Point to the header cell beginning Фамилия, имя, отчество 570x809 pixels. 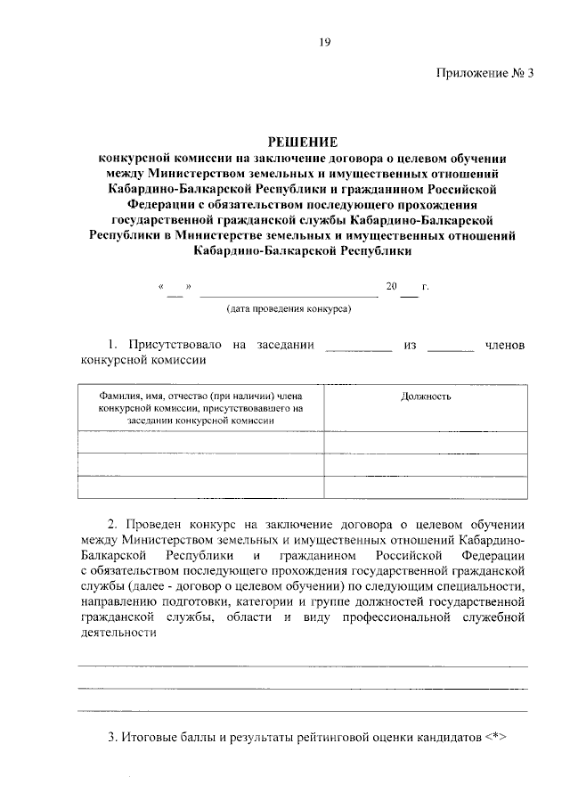click(x=201, y=406)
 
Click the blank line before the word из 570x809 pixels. click(x=358, y=350)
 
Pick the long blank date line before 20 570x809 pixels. click(x=289, y=295)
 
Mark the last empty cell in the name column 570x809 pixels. click(x=201, y=487)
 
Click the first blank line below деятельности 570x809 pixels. click(x=303, y=666)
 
